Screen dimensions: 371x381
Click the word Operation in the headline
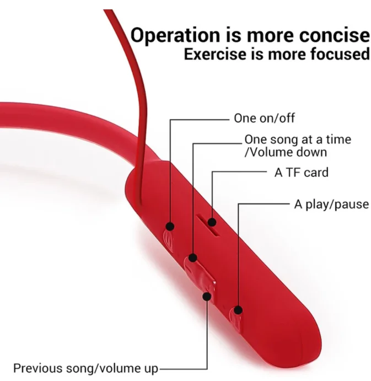pyautogui.click(x=175, y=35)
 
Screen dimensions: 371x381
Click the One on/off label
pyautogui.click(x=265, y=119)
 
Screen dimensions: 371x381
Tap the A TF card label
pyautogui.click(x=302, y=173)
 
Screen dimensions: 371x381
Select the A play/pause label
pyautogui.click(x=331, y=205)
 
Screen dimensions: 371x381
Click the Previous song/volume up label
pyautogui.click(x=86, y=369)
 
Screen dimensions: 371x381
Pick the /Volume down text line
pyautogui.click(x=286, y=152)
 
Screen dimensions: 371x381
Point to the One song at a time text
pyautogui.click(x=298, y=139)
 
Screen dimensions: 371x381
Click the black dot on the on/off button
pyautogui.click(x=170, y=227)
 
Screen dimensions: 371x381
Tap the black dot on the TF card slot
pyautogui.click(x=212, y=222)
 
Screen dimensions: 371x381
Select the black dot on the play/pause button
pyautogui.click(x=238, y=310)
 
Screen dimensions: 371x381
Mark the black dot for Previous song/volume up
pyautogui.click(x=207, y=296)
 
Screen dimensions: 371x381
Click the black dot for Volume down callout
pyautogui.click(x=193, y=257)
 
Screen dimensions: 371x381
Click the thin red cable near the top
pyautogui.click(x=126, y=49)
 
